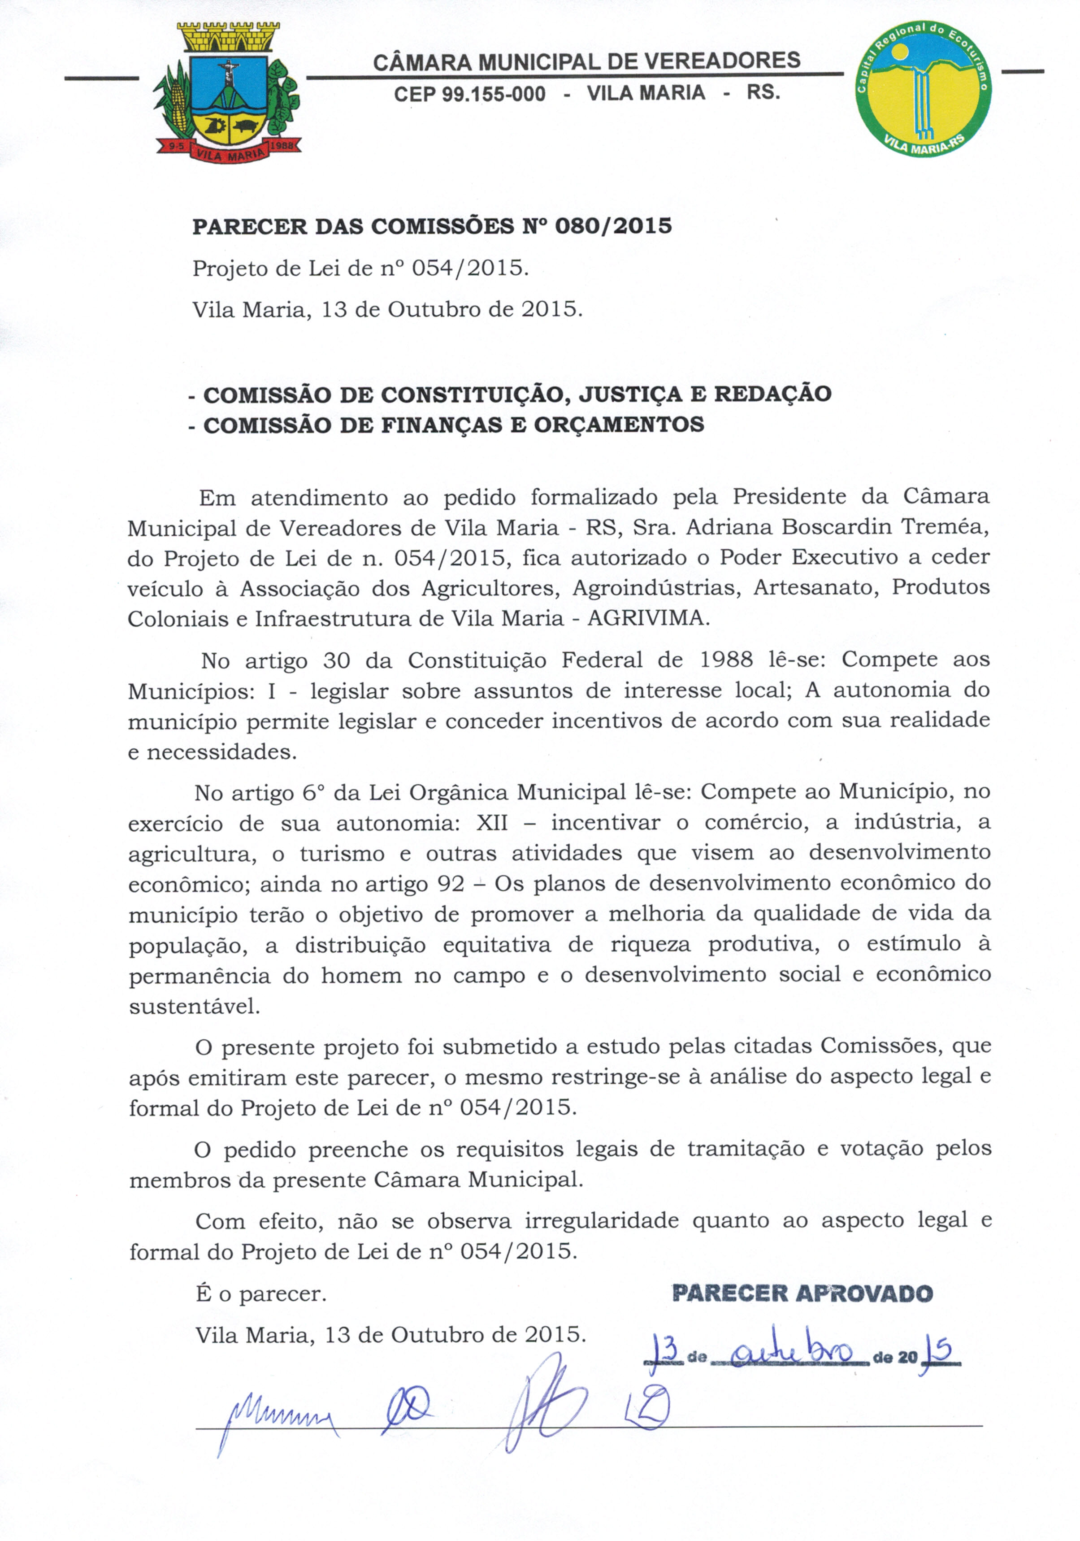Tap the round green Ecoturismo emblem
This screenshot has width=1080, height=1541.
pos(924,87)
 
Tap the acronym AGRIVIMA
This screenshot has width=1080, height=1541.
pos(648,617)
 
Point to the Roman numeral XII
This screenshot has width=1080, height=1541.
pos(491,823)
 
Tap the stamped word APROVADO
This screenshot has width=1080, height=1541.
pos(864,1294)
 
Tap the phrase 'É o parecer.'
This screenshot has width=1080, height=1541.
pos(261,1294)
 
